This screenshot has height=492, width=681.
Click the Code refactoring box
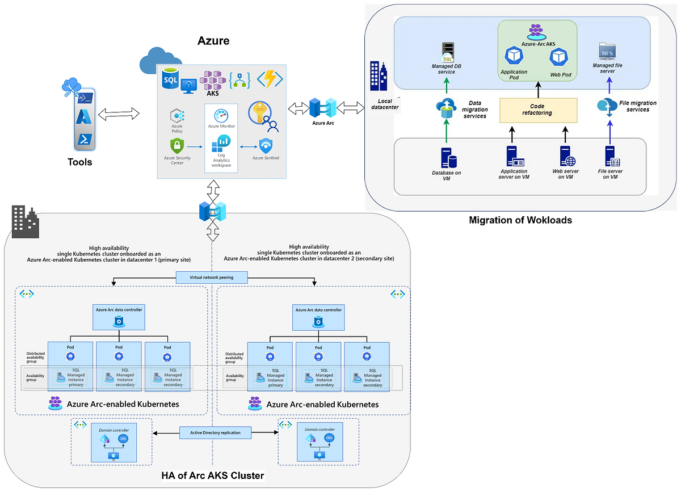coord(538,110)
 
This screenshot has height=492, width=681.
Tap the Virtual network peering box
coord(212,277)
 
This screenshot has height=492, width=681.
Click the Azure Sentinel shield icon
coord(266,146)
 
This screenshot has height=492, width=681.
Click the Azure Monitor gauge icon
coord(221,116)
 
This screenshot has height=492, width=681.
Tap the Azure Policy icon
coord(176,116)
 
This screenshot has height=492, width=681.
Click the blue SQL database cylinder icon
coord(170,78)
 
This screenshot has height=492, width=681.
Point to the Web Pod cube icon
coord(559,57)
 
